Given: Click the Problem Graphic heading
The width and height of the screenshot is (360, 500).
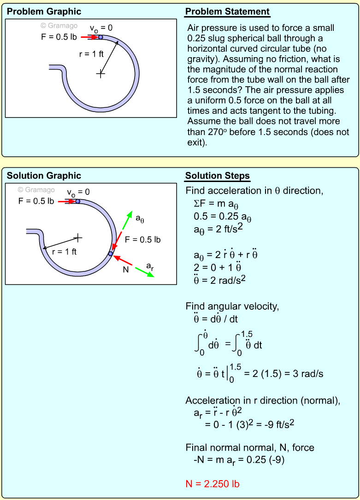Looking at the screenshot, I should point(44,12).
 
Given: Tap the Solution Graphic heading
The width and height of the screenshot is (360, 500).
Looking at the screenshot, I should point(44,176).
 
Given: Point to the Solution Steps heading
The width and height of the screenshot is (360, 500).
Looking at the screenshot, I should point(218,176).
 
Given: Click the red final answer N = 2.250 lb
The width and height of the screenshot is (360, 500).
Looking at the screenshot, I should point(212,483).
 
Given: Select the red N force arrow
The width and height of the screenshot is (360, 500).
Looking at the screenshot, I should point(124,260).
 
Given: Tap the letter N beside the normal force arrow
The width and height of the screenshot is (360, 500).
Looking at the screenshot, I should point(125,270).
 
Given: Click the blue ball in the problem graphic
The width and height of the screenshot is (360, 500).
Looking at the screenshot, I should point(100,37).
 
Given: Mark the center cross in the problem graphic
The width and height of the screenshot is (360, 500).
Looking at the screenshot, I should point(100,73).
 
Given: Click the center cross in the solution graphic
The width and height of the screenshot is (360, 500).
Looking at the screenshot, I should point(78,238).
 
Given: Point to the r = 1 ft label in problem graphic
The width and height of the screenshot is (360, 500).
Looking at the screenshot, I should point(91,54).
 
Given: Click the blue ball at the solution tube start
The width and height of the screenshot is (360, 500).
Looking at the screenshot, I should point(77,201).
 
